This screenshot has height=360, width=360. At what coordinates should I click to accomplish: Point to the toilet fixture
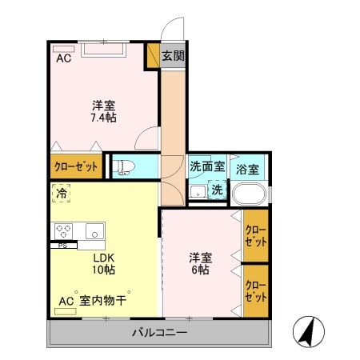click(123, 166)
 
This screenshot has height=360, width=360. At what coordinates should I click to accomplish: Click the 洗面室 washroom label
click(207, 168)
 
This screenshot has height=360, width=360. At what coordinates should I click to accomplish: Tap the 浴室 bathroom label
click(247, 170)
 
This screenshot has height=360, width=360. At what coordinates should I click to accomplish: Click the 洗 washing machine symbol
click(216, 190)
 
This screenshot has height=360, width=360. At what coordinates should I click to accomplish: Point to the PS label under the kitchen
click(62, 245)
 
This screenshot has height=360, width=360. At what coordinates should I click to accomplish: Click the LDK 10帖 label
click(103, 265)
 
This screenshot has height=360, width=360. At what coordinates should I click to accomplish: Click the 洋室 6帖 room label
click(200, 264)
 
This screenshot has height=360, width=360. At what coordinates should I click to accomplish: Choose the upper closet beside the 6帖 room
click(255, 235)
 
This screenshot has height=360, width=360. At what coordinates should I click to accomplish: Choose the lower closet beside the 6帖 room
click(255, 290)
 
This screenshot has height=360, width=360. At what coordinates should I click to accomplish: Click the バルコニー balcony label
click(159, 332)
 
